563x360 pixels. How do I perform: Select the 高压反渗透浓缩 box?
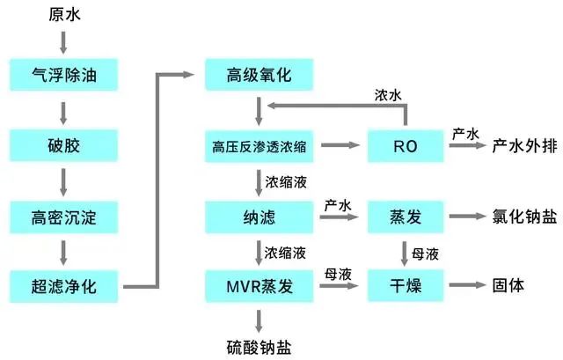click(x=259, y=143)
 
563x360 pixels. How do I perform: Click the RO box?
click(x=405, y=143)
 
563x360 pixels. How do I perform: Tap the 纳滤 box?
click(x=259, y=215)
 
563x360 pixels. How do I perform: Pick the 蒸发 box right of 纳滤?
click(x=405, y=215)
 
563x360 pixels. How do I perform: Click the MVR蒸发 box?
click(x=259, y=285)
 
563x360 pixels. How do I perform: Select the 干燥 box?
click(x=405, y=285)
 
